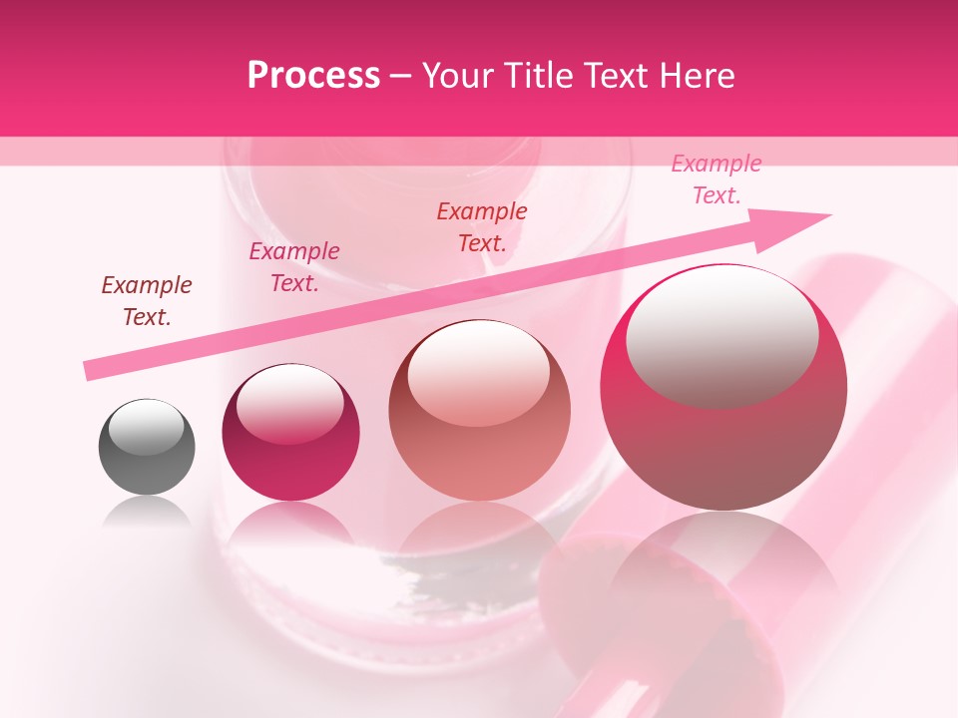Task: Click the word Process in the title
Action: pos(313,76)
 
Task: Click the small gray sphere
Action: pos(147,447)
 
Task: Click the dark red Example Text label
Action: pos(147,301)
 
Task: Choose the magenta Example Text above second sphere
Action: pos(293,267)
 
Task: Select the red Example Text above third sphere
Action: pos(482,227)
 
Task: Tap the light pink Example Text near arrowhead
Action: pos(717,179)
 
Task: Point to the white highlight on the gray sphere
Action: pos(147,427)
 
